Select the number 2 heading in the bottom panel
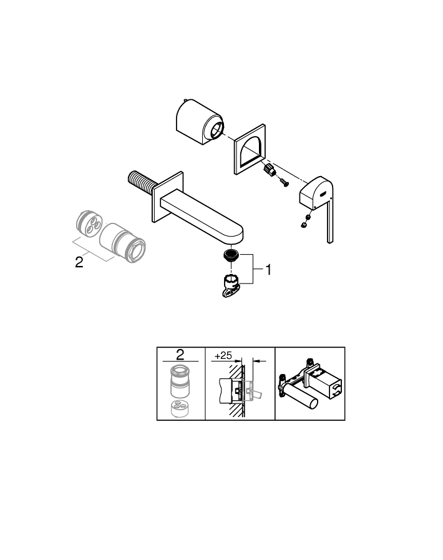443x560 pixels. click(x=180, y=355)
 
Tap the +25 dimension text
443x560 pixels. click(x=222, y=355)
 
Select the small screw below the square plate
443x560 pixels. click(x=284, y=184)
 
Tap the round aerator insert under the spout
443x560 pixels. click(x=232, y=255)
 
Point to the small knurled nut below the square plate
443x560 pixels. click(x=270, y=170)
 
